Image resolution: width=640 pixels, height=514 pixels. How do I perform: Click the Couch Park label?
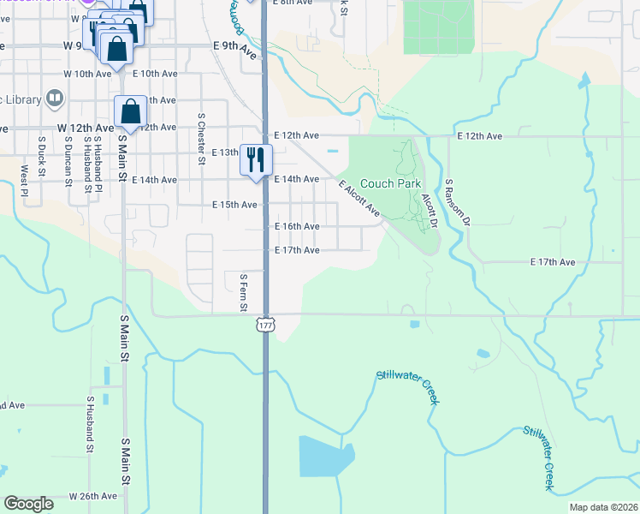point(390,183)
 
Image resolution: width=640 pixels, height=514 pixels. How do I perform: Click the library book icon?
point(55,99)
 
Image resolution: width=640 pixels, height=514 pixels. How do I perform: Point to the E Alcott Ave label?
point(359,199)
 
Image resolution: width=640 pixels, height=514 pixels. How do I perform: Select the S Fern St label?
point(244,292)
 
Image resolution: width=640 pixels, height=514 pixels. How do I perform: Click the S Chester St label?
point(201,134)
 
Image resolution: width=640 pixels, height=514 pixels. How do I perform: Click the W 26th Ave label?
point(92,496)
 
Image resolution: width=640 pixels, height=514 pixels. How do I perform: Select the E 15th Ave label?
point(234,205)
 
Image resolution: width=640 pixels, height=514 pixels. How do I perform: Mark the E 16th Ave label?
point(296,226)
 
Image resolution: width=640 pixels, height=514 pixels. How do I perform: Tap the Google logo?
point(29,504)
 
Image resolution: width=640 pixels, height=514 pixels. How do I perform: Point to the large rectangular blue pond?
point(326,457)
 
